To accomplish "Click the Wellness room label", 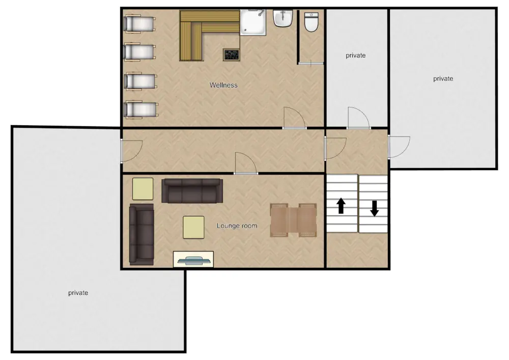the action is (223, 85).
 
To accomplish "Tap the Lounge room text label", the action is (237, 226).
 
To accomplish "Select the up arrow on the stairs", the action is (341, 206).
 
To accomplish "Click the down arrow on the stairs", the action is (374, 208).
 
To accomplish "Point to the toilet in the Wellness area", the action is (312, 22).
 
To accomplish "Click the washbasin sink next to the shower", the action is (283, 18).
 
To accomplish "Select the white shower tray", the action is (253, 22).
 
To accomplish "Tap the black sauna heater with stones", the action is (231, 54).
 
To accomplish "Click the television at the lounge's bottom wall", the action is (193, 259).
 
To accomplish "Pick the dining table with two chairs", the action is (294, 220).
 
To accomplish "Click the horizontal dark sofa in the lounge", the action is (192, 191).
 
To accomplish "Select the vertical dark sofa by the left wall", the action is (142, 234).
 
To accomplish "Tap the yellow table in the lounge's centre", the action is (193, 228).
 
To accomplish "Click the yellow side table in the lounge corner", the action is (143, 189).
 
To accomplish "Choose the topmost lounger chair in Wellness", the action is (139, 23).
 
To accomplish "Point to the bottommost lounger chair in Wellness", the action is (141, 109).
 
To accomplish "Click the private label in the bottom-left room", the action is (78, 293).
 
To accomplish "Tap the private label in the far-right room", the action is (443, 78).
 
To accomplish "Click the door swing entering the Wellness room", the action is (294, 118).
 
